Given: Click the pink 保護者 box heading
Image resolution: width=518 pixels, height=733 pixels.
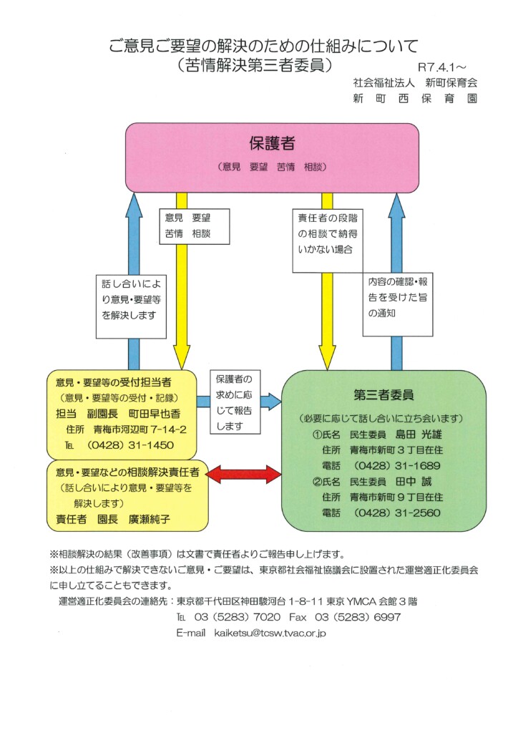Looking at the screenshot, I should [272, 143].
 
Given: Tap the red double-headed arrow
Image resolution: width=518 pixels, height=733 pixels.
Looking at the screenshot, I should [245, 473].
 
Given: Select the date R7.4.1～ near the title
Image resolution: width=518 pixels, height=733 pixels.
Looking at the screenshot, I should [447, 67].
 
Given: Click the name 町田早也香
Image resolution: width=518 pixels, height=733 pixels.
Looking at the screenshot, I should [155, 414].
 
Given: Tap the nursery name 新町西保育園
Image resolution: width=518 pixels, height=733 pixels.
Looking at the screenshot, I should [415, 98].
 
